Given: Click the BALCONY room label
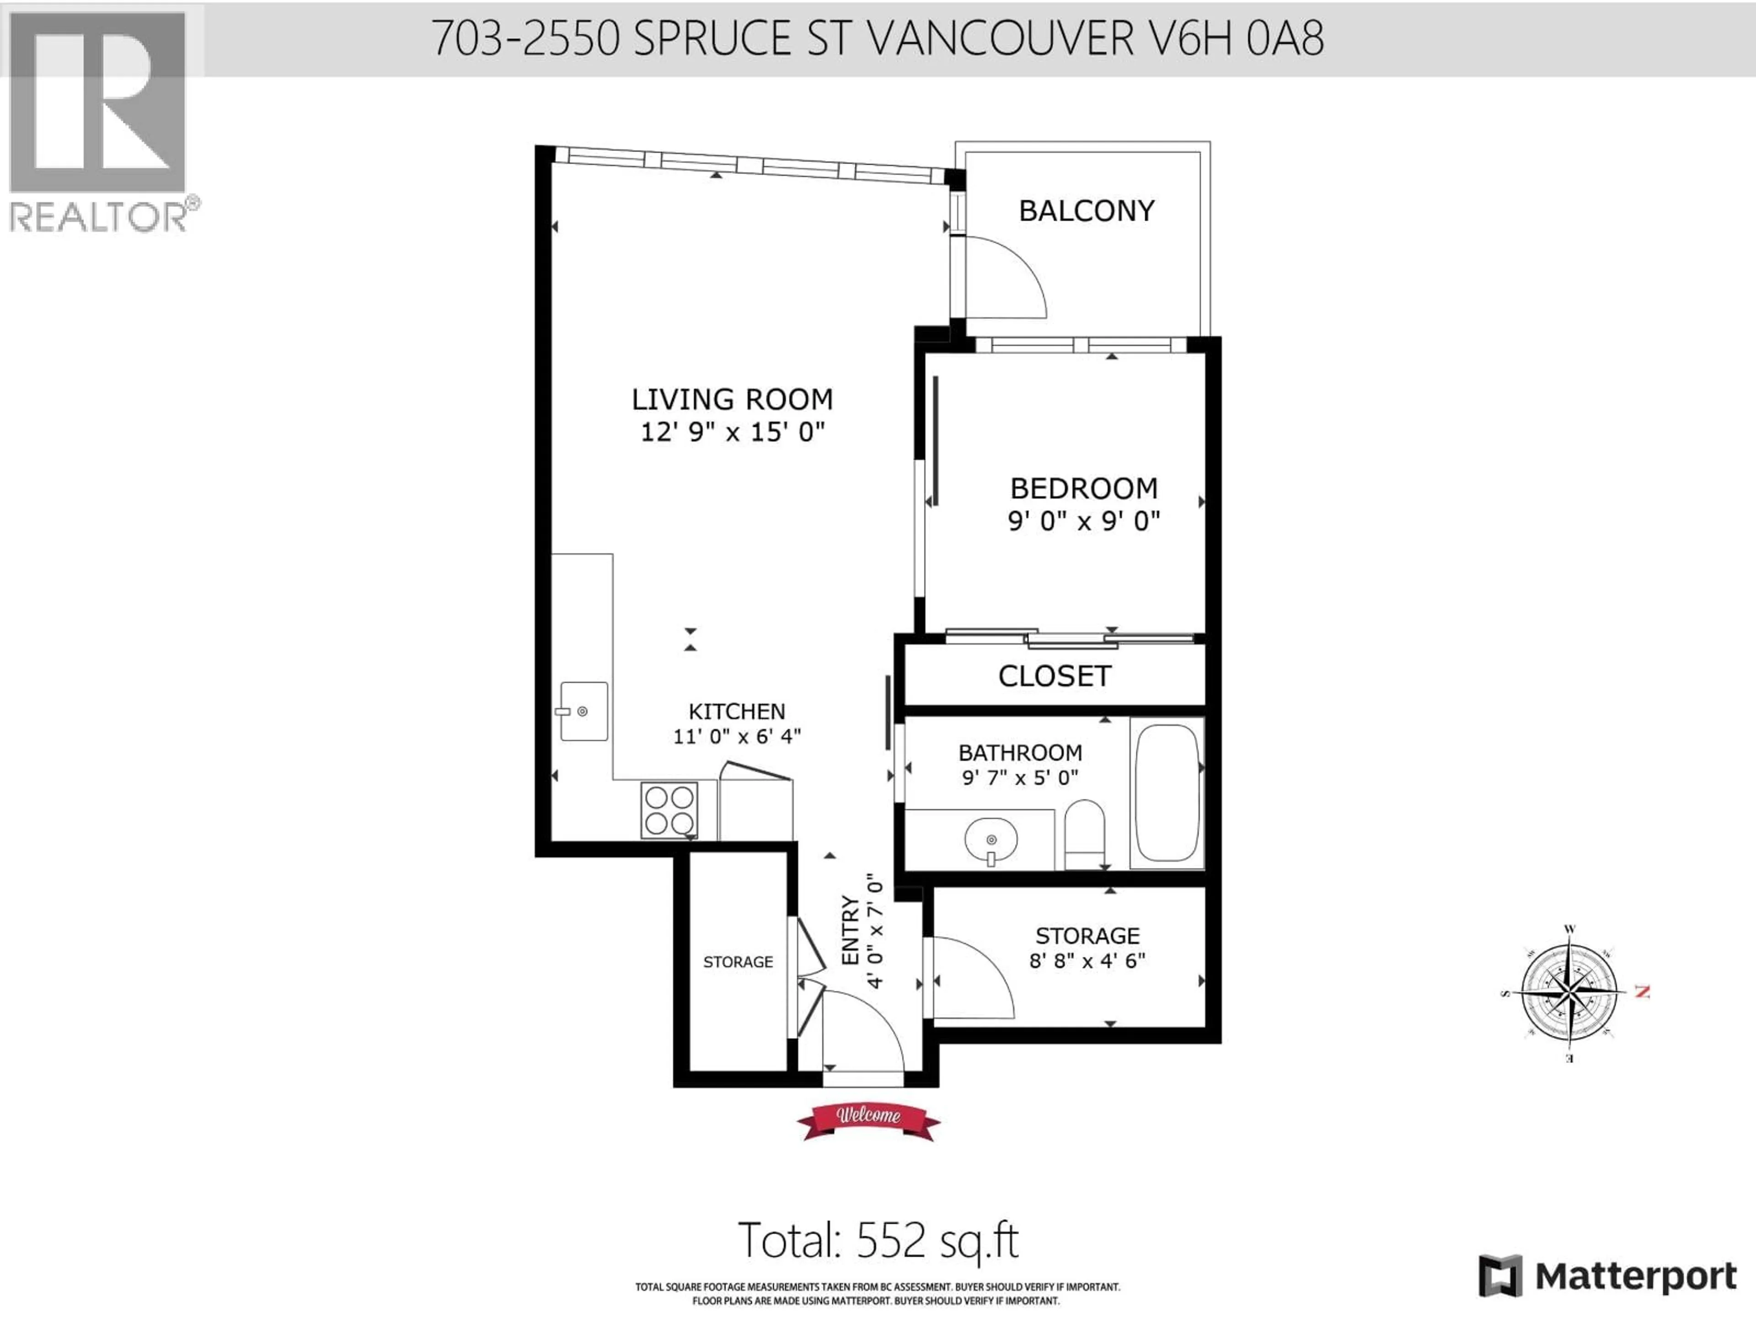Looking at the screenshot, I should [1086, 211].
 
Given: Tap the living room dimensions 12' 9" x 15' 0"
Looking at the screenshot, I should [732, 433].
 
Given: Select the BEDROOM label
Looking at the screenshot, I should [1084, 488].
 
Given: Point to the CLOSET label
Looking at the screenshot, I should [1054, 676].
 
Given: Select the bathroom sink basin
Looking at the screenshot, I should [991, 839].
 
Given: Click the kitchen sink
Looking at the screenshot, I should [584, 711].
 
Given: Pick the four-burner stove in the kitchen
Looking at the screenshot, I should [669, 810].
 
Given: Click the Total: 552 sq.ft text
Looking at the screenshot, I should [877, 1240].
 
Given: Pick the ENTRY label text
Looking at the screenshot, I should [850, 931].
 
